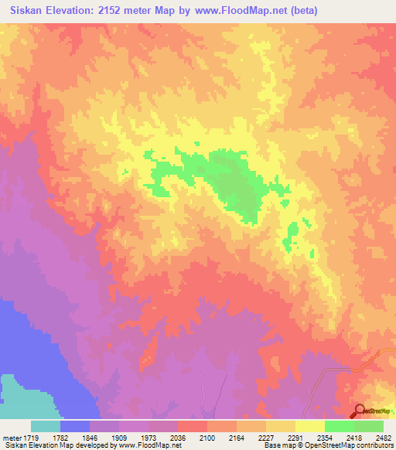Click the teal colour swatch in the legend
(46, 426)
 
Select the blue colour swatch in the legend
(75, 426)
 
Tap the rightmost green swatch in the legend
(369, 426)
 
